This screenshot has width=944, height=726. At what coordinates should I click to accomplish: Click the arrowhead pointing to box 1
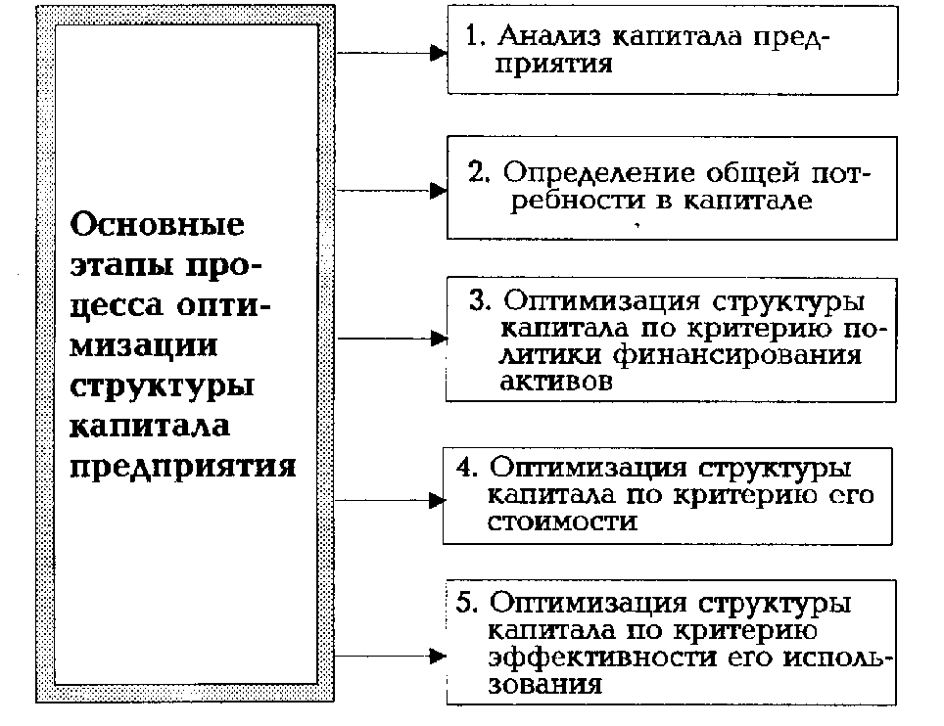(x=439, y=54)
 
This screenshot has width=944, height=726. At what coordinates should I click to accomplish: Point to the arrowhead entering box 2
(x=439, y=190)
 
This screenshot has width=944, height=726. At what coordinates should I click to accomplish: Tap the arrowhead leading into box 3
(x=438, y=340)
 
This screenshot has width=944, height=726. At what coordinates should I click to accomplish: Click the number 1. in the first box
(x=475, y=36)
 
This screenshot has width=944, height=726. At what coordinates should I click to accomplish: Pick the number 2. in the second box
(x=479, y=173)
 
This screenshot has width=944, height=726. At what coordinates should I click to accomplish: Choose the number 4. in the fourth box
(x=465, y=467)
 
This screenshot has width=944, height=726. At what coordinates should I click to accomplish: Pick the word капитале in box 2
(x=756, y=203)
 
